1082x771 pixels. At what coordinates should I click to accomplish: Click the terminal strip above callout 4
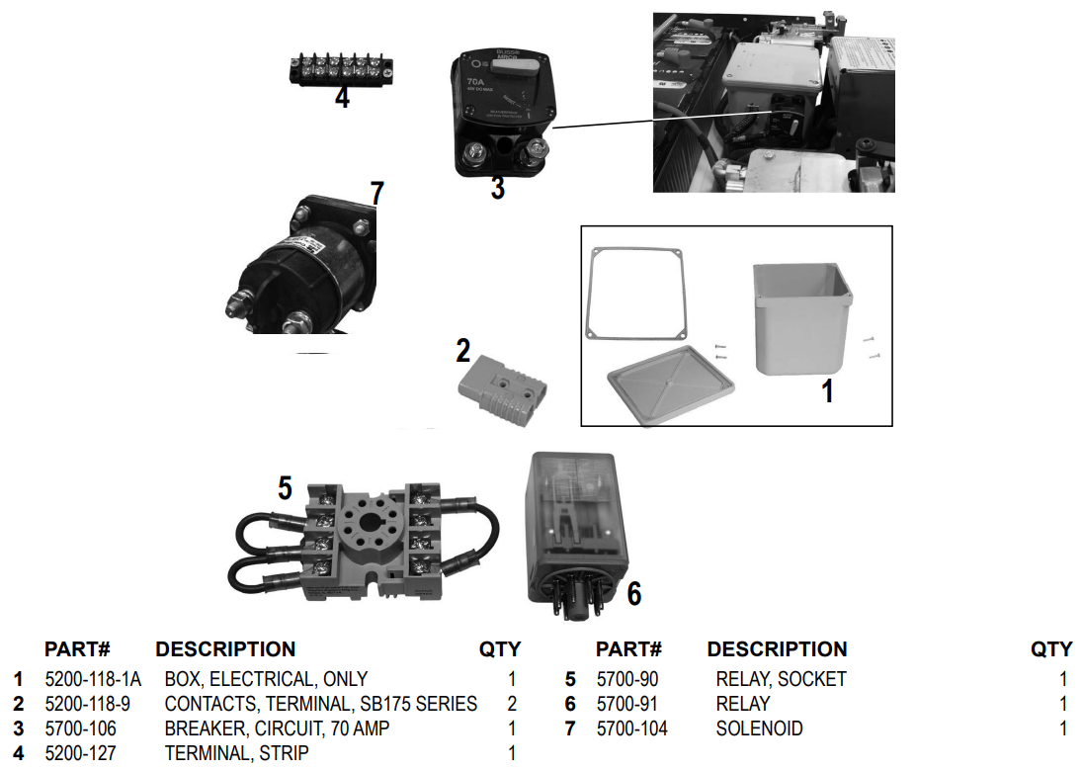coord(341,69)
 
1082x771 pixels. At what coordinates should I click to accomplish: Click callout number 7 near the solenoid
coord(376,193)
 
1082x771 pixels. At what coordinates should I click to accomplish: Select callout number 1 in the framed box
coord(828,392)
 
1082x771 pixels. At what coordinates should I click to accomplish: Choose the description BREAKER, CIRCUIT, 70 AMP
coord(277,728)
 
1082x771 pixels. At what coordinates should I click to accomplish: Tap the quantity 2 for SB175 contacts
coord(512,704)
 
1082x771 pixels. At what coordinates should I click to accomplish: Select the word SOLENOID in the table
coord(759,728)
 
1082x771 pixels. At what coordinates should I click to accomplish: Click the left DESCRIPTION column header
coord(225,649)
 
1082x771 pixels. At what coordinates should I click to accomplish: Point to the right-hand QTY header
coord(1050,649)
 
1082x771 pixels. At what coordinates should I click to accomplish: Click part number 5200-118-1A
coord(93,679)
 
